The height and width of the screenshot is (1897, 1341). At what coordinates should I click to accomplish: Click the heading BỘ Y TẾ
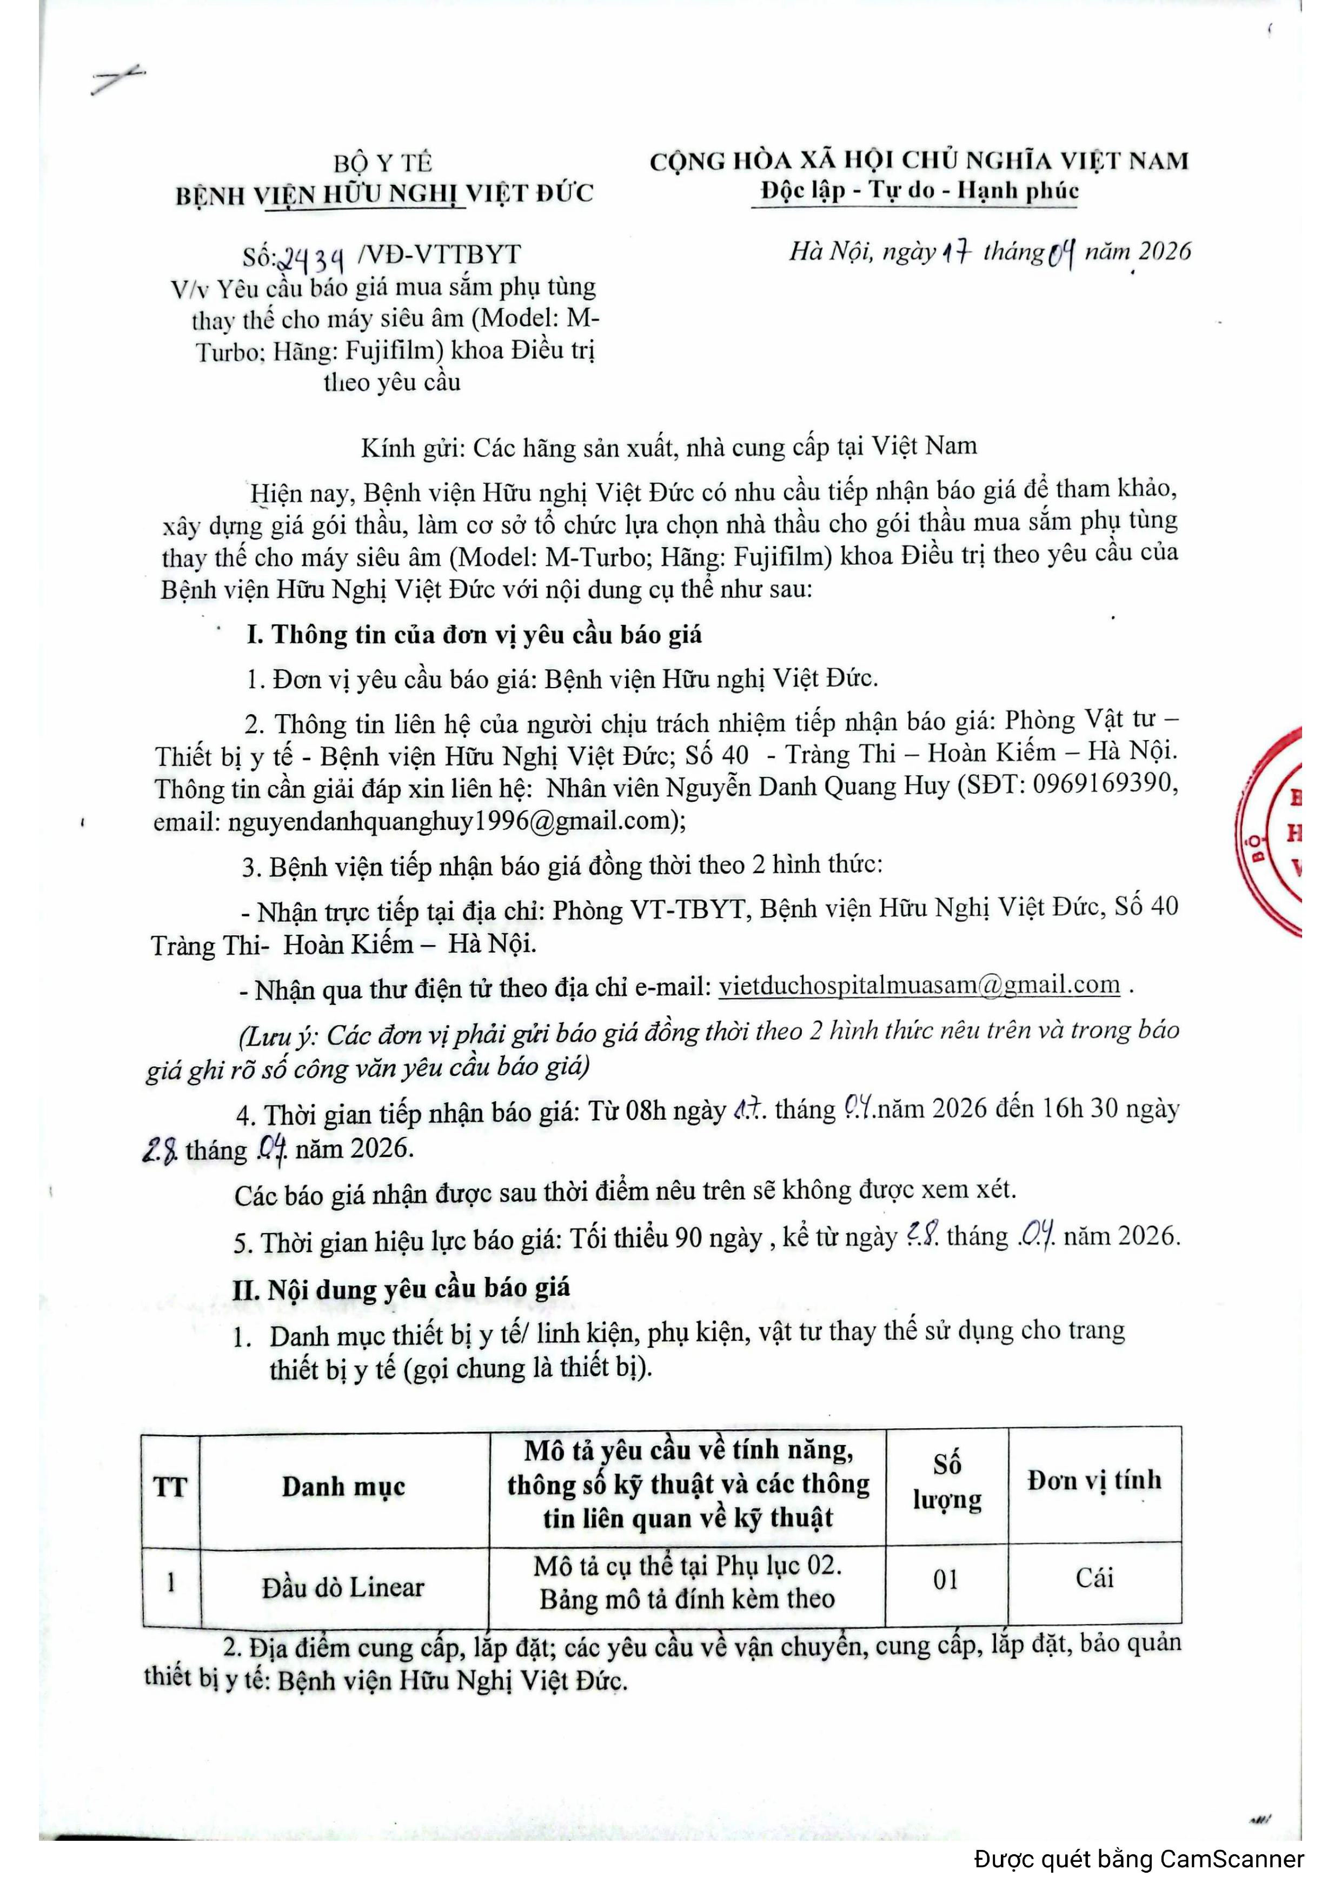coord(382,163)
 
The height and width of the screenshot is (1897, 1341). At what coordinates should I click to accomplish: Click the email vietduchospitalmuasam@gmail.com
coord(919,985)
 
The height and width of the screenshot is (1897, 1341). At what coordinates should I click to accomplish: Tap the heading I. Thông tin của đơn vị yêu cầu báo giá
coord(474,635)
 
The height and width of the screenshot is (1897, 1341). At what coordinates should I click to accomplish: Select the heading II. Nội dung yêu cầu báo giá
coord(402,1288)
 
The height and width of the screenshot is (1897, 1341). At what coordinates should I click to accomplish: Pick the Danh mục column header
coord(344,1487)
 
